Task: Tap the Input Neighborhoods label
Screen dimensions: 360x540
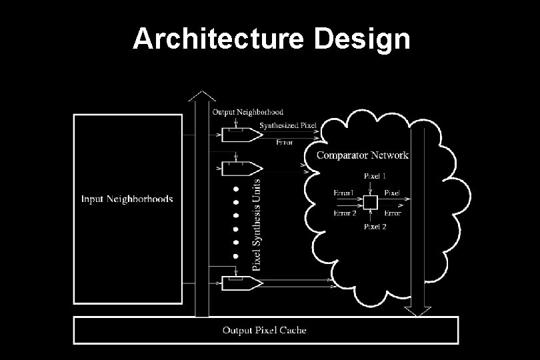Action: tap(127, 199)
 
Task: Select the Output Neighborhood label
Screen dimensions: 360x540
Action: tap(247, 112)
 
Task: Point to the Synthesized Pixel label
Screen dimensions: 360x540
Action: tap(288, 125)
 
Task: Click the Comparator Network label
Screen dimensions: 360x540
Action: tap(362, 155)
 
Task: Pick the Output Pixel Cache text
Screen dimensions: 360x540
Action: tap(265, 330)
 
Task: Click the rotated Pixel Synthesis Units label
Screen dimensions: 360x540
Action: tap(257, 221)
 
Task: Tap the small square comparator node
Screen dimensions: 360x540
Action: tap(371, 201)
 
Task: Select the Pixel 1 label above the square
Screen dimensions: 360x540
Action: tap(374, 177)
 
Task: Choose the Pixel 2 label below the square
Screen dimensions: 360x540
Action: tap(374, 227)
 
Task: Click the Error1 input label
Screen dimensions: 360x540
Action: tap(343, 193)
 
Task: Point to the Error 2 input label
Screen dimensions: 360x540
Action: tap(345, 213)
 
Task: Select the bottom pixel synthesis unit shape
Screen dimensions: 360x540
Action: tap(241, 283)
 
